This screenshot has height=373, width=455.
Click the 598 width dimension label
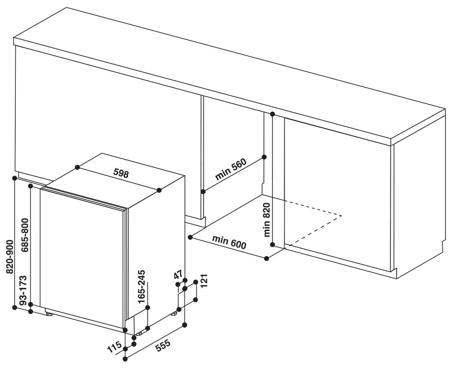[121, 174]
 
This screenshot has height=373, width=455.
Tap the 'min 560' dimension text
[231, 169]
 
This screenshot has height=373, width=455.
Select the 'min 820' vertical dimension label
[267, 220]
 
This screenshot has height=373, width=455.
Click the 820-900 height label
[10, 257]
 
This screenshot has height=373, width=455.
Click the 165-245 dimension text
[142, 287]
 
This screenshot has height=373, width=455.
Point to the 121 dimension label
[204, 280]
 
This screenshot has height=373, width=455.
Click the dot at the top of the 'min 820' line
[272, 114]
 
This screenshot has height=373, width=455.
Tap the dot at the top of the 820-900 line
[15, 178]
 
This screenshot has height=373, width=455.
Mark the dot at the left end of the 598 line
[77, 167]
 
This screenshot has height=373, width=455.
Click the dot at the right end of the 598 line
[159, 190]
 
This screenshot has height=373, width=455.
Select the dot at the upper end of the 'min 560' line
[264, 157]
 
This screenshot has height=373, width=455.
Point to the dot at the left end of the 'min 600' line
[190, 237]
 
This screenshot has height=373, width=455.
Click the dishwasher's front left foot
[49, 313]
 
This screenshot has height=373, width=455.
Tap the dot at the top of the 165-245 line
[148, 308]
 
